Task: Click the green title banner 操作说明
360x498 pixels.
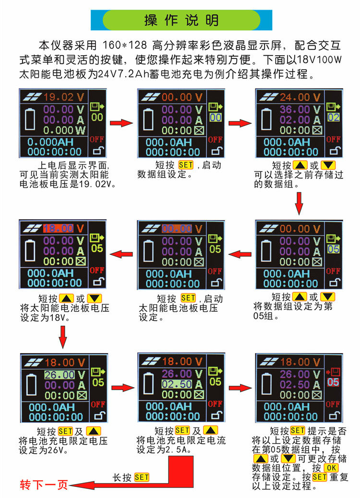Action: pyautogui.click(x=181, y=20)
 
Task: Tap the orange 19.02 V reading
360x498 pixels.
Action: pyautogui.click(x=60, y=96)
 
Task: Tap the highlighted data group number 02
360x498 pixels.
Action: pyautogui.click(x=333, y=118)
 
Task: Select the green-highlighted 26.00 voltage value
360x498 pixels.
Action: pyautogui.click(x=60, y=374)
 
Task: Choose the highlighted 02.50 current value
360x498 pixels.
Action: pyautogui.click(x=177, y=384)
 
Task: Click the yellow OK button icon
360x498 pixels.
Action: pyautogui.click(x=331, y=468)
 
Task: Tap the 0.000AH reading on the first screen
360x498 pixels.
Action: pyautogui.click(x=48, y=142)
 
